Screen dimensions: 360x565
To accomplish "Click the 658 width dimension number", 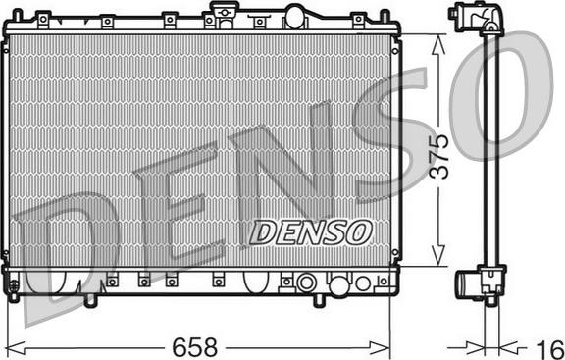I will click(196, 346).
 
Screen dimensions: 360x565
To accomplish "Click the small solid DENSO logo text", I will click(310, 231).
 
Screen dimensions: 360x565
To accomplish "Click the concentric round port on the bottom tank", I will click(306, 283).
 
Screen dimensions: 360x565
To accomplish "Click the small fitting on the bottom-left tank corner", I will click(12, 285).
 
